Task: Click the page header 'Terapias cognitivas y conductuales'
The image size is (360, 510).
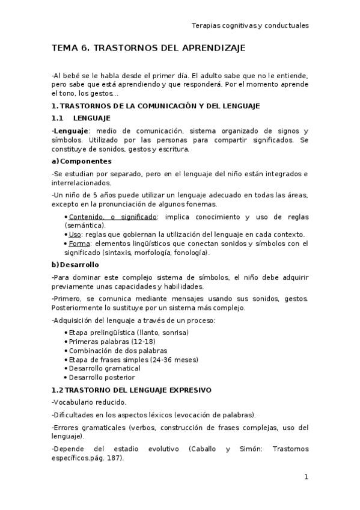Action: pyautogui.click(x=249, y=26)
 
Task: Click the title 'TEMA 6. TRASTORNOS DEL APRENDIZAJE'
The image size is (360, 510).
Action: pyautogui.click(x=149, y=48)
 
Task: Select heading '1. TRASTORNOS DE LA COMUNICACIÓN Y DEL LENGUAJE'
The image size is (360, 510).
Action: pyautogui.click(x=156, y=106)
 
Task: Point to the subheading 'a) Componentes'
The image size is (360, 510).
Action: pyautogui.click(x=82, y=161)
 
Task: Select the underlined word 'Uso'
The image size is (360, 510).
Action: pyautogui.click(x=75, y=235)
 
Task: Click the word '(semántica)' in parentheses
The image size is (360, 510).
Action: pyautogui.click(x=85, y=225)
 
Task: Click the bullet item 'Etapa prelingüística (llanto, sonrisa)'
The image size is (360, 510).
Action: pyautogui.click(x=129, y=333)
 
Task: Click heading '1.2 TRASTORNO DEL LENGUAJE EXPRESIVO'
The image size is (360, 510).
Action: pyautogui.click(x=132, y=390)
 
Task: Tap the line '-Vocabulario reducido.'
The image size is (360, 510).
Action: pyautogui.click(x=85, y=402)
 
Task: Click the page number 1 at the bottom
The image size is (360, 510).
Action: pyautogui.click(x=306, y=477)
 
